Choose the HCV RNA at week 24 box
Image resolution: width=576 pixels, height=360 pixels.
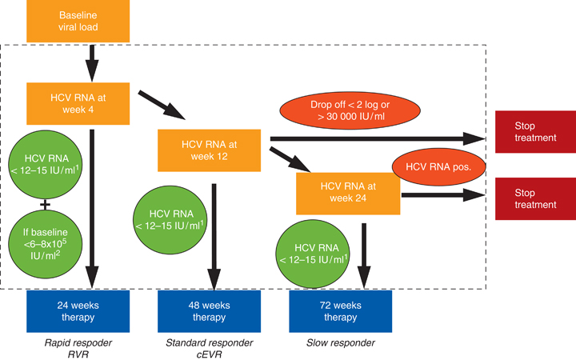[348, 192]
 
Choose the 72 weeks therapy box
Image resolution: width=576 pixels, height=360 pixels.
[340, 311]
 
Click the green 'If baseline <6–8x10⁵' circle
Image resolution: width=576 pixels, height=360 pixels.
[45, 245]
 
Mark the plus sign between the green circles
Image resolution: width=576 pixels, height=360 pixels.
[45, 205]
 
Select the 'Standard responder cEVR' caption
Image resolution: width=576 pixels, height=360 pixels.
[210, 348]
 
